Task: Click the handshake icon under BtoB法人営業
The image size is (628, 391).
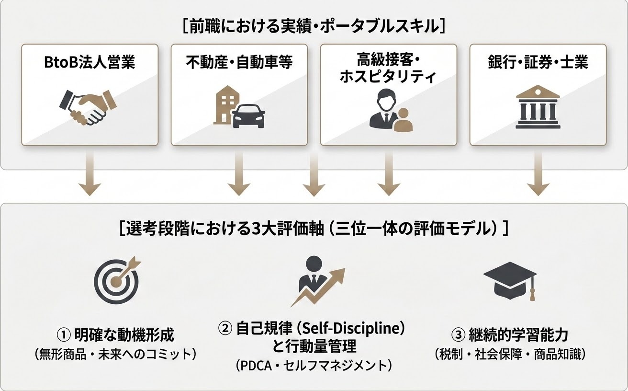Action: (88, 107)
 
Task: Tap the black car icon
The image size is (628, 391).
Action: (249, 116)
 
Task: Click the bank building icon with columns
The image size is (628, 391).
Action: (538, 107)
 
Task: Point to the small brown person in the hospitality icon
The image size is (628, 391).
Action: (403, 120)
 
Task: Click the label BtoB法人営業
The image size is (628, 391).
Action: (90, 62)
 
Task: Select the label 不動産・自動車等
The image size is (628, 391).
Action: (239, 62)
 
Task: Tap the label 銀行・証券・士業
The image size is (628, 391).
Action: (538, 62)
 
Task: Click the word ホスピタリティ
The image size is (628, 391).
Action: (388, 76)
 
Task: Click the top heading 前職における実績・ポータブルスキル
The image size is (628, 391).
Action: (314, 27)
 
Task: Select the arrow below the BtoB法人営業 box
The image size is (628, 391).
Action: (90, 173)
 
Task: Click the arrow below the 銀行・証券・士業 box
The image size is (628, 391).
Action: (538, 173)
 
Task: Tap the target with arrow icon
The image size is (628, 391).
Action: (117, 280)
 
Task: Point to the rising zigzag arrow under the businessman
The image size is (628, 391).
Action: (318, 287)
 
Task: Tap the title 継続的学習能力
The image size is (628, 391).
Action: (518, 334)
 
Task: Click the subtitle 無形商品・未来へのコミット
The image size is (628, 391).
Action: (115, 354)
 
